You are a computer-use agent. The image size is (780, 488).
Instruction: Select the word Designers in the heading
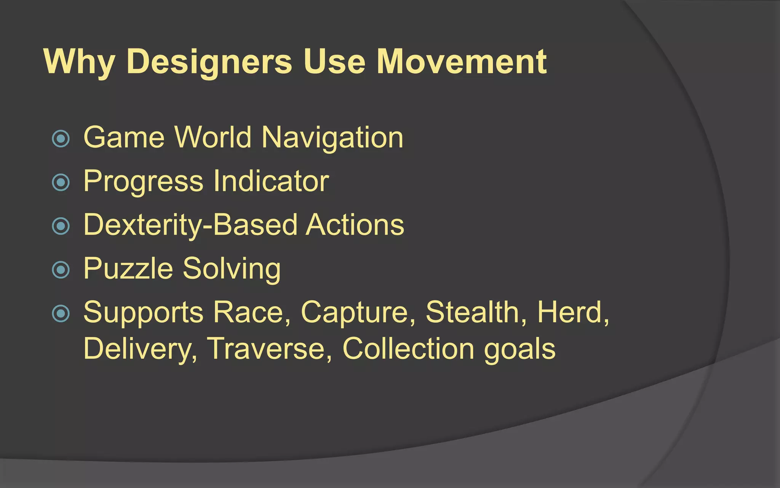click(x=209, y=62)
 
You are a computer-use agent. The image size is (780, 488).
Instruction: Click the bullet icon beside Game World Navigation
click(x=61, y=138)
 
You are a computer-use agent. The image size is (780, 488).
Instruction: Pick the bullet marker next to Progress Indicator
click(x=61, y=182)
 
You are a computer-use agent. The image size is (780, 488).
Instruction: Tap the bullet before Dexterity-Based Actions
click(x=61, y=226)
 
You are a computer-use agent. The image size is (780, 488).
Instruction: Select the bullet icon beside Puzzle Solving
click(x=61, y=270)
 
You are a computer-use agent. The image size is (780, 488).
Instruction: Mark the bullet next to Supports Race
click(x=61, y=313)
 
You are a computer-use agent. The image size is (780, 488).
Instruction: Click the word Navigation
click(x=332, y=138)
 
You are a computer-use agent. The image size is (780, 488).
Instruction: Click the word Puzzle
click(x=128, y=269)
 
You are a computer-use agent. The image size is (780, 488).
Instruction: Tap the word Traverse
click(x=270, y=348)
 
